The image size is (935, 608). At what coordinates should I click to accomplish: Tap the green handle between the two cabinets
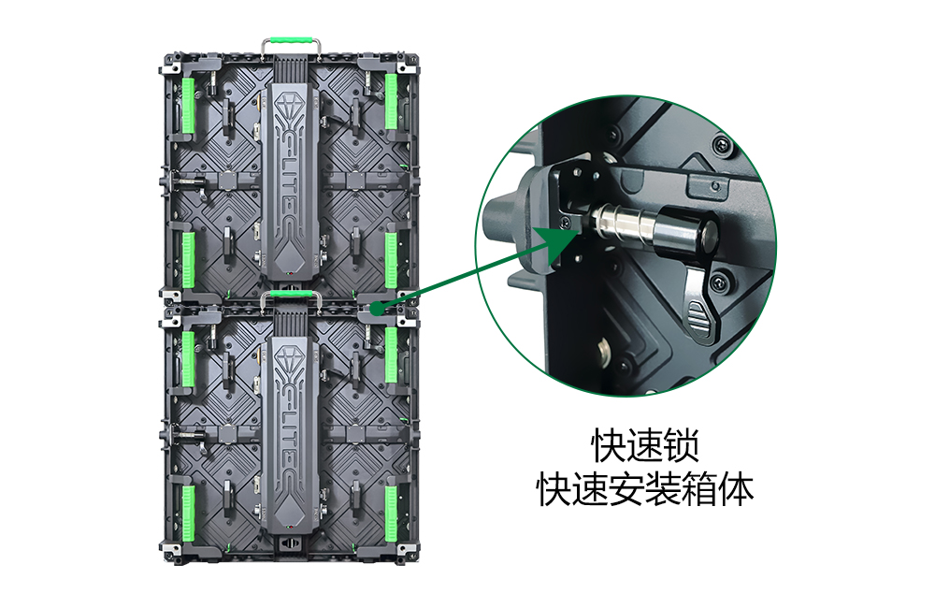pos(291,294)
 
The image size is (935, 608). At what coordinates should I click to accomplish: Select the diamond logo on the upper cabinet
pos(291,106)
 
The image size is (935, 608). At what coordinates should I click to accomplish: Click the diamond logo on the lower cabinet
pos(291,357)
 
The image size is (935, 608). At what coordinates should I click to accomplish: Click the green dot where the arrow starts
pos(376,309)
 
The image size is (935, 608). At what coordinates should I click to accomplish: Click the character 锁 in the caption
pos(680,445)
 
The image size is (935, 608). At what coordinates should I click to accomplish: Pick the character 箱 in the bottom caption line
pos(698,490)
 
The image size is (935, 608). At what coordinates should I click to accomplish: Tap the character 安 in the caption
pos(626,490)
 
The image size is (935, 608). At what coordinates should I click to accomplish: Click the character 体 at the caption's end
pos(735,490)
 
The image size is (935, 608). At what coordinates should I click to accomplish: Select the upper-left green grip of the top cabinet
pos(189,105)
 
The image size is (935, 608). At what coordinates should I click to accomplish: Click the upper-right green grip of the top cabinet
pos(391,101)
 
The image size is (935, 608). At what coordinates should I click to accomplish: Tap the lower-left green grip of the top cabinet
pos(189,259)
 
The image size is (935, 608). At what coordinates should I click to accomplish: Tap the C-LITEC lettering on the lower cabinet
pos(291,432)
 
